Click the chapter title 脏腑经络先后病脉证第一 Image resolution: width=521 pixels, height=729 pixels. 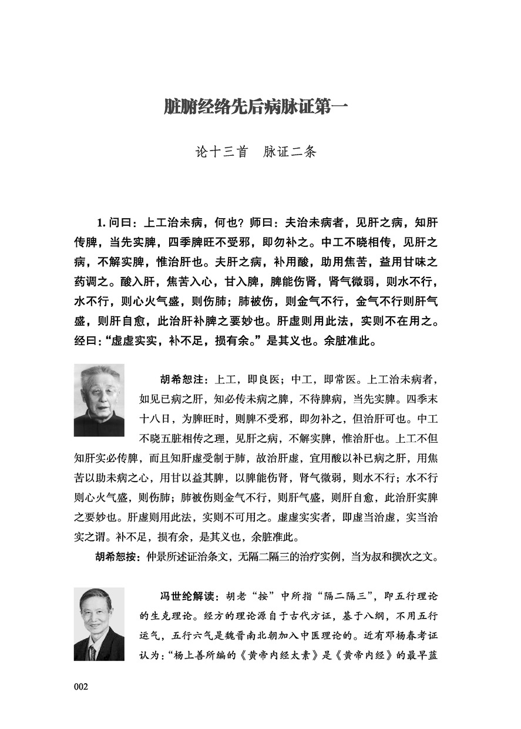click(x=256, y=108)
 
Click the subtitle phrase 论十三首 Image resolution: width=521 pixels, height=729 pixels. click(x=221, y=152)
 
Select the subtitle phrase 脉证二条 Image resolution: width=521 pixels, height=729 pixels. click(x=292, y=152)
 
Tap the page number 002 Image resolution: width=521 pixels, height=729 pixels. click(x=81, y=686)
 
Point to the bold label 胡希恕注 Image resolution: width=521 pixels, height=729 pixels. click(x=165, y=377)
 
